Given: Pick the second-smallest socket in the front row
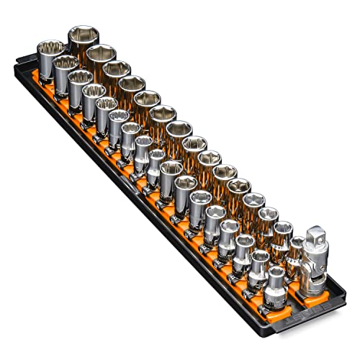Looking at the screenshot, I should pyautogui.click(x=260, y=264).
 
